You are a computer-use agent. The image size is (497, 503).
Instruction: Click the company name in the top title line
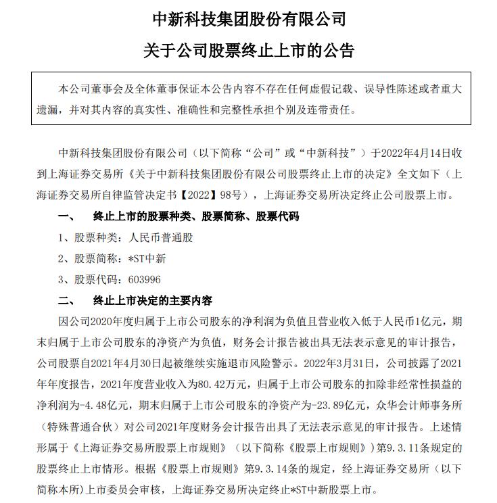pos(249,18)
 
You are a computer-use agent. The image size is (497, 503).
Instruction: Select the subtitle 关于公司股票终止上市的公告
pos(249,51)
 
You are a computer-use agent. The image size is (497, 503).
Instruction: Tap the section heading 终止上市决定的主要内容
pos(152,300)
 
